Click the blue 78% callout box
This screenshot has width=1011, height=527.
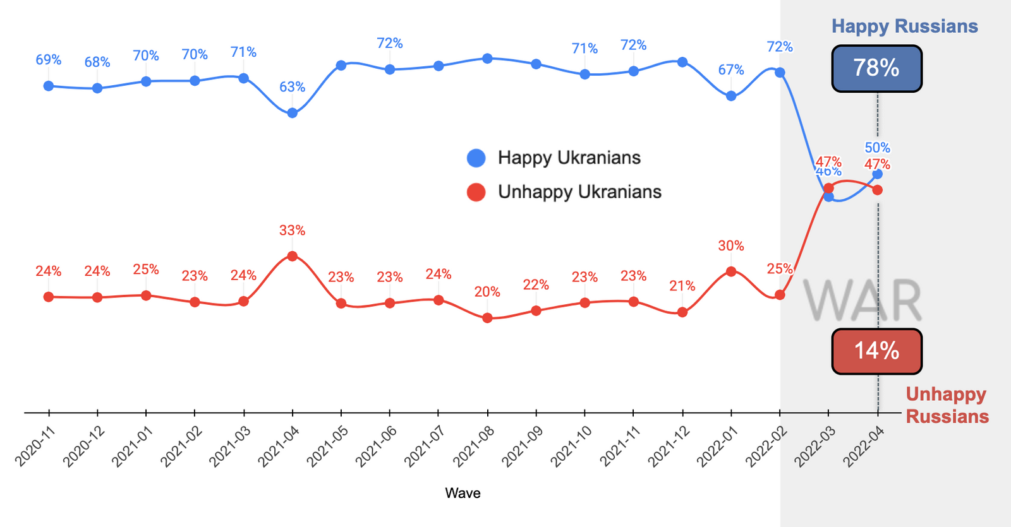click(876, 68)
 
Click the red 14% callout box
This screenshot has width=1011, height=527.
click(876, 351)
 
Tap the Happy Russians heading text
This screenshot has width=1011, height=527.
click(904, 27)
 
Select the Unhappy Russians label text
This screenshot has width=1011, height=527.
click(947, 405)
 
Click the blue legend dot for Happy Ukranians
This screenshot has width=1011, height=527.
click(476, 158)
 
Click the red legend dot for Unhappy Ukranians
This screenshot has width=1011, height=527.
click(476, 192)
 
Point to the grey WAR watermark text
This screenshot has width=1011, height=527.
click(863, 301)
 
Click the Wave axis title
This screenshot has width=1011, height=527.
click(463, 493)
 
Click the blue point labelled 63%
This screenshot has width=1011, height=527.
click(293, 113)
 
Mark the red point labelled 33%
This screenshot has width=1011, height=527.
click(293, 256)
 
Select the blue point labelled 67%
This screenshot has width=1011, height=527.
click(731, 96)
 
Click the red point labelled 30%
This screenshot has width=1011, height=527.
click(731, 271)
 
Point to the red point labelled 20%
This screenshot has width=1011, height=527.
click(487, 318)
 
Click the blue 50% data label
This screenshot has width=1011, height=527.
click(877, 148)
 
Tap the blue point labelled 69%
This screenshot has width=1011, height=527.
click(49, 86)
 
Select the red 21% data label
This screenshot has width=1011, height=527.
click(682, 286)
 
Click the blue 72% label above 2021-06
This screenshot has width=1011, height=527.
click(390, 43)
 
